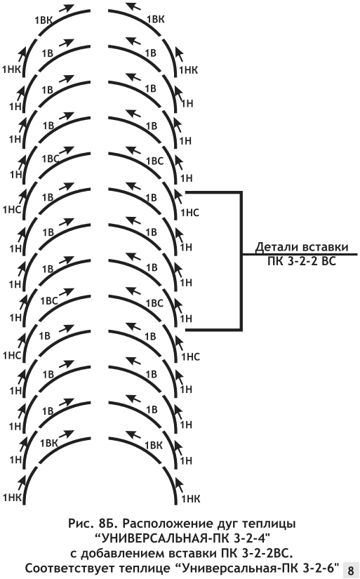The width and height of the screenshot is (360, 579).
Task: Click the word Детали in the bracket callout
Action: tap(277, 248)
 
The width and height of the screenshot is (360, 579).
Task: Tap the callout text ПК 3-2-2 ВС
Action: tap(302, 262)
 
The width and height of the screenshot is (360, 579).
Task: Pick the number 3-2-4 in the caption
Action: tap(248, 535)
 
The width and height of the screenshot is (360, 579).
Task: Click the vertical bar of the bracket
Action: tap(241, 260)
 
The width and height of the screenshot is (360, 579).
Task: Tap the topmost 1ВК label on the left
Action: tap(44, 20)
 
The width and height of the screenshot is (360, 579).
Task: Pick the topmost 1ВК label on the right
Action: tap(156, 19)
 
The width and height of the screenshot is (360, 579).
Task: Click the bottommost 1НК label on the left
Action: tap(12, 498)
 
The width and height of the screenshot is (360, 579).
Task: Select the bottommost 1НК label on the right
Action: tap(191, 499)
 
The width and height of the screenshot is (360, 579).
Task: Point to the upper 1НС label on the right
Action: tap(189, 213)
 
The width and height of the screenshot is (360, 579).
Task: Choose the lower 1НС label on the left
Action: tap(12, 355)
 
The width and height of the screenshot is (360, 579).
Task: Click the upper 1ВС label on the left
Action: tap(51, 159)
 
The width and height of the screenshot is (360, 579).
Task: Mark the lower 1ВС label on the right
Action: tap(154, 303)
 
